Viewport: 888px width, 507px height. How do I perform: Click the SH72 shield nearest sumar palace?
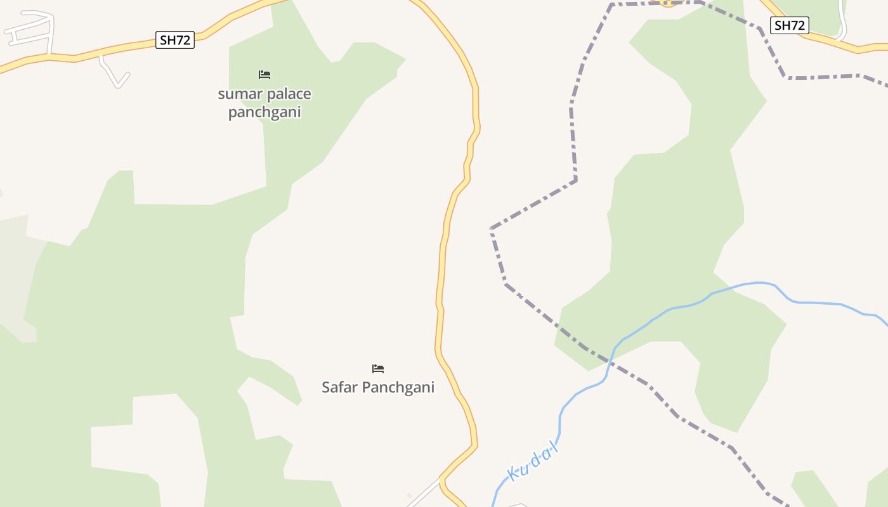pos(175,41)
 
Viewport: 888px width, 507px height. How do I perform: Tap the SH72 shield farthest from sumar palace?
pos(790,25)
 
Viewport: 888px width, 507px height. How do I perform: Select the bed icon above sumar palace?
pos(264,75)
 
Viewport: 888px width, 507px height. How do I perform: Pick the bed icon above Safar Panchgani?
pos(378,369)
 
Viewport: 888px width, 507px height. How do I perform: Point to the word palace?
pos(288,94)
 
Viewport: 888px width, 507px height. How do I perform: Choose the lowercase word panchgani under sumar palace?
pos(264,113)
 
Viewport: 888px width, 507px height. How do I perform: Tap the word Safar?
pos(341,387)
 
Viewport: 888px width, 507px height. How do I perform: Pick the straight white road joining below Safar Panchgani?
pos(424,493)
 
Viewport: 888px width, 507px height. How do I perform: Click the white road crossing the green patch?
pos(842,19)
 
